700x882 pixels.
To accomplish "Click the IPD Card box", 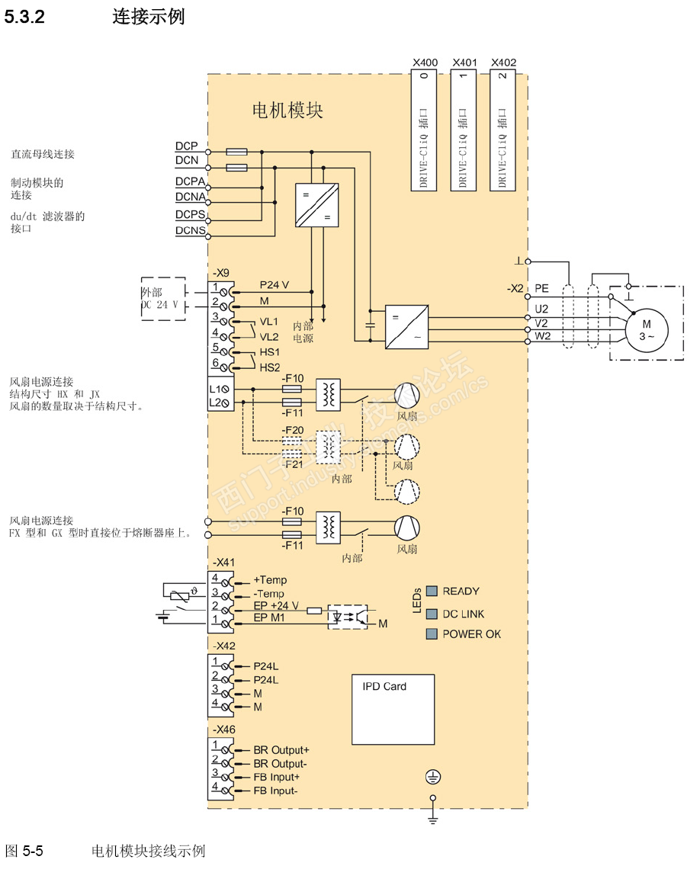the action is point(393,709).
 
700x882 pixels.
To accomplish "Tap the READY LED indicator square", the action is point(432,591).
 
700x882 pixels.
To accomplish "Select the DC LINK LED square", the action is point(432,613).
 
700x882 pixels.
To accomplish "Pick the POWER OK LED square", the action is point(432,634).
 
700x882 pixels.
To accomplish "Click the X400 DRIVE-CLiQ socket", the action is point(424,130).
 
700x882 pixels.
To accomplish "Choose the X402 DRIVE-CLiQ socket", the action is point(503,130).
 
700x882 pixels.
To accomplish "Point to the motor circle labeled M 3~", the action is point(647,330).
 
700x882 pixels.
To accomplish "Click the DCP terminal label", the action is point(186,146).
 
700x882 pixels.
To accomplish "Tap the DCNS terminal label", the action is point(190,230).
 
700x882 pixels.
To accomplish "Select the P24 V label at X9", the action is point(274,284).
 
